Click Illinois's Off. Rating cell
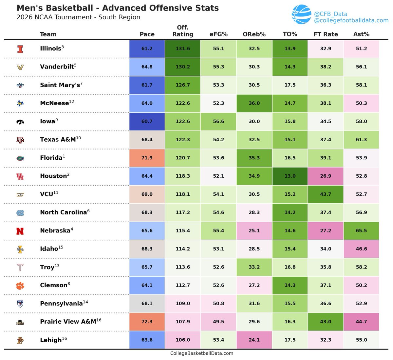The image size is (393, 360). (x=183, y=49)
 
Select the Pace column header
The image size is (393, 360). (x=147, y=34)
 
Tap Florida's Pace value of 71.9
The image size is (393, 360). (x=147, y=158)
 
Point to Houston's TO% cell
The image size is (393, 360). (x=290, y=176)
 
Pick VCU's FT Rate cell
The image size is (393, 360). (x=326, y=194)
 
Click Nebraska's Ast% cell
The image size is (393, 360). (x=361, y=230)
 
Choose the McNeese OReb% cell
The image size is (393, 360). (x=254, y=103)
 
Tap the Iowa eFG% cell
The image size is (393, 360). (x=218, y=121)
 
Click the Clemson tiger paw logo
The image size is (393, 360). (x=20, y=286)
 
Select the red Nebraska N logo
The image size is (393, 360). (x=20, y=231)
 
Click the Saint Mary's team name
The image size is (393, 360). (x=60, y=85)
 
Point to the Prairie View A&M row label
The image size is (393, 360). (x=68, y=322)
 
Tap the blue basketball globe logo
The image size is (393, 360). (x=301, y=14)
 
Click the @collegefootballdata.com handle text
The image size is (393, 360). (x=351, y=21)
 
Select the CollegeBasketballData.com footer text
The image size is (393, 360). (x=202, y=353)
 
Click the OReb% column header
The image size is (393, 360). (x=254, y=34)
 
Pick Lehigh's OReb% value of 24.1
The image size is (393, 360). (x=254, y=340)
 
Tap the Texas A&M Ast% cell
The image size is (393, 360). (x=361, y=140)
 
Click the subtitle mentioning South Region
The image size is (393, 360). (x=78, y=17)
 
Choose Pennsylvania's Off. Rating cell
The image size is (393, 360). (x=183, y=304)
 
